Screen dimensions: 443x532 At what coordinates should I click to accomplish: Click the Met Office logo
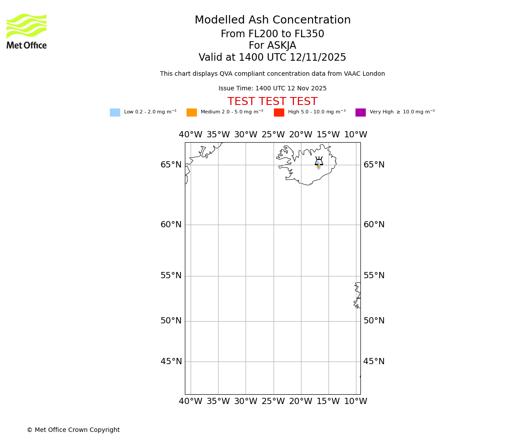(27, 31)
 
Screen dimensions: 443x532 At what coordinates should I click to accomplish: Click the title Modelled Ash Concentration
(272, 20)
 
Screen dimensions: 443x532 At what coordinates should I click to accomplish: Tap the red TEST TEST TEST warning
(272, 101)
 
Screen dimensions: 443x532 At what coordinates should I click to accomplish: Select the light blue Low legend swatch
(115, 113)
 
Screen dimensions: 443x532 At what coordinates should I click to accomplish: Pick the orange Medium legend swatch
(192, 113)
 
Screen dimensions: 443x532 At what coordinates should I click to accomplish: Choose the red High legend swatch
(279, 113)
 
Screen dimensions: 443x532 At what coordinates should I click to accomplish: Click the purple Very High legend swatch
(360, 113)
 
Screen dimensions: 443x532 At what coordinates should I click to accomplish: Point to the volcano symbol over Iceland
(319, 162)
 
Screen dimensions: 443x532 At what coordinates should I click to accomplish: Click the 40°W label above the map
(191, 135)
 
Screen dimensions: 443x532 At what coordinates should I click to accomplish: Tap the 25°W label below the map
(273, 401)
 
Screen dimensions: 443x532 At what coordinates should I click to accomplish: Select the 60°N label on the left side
(171, 225)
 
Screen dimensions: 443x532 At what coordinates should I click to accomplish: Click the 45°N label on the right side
(374, 361)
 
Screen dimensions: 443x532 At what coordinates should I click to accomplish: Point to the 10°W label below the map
(356, 401)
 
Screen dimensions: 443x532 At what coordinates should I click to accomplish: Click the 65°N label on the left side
(171, 165)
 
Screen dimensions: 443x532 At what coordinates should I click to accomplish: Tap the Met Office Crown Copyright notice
(73, 430)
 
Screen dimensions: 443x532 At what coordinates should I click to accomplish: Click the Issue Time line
(272, 89)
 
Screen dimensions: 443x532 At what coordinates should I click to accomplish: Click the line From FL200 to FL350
(272, 34)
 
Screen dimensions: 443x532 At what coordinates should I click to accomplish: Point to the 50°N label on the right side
(374, 321)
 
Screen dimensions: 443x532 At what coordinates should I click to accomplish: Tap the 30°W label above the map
(246, 135)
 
